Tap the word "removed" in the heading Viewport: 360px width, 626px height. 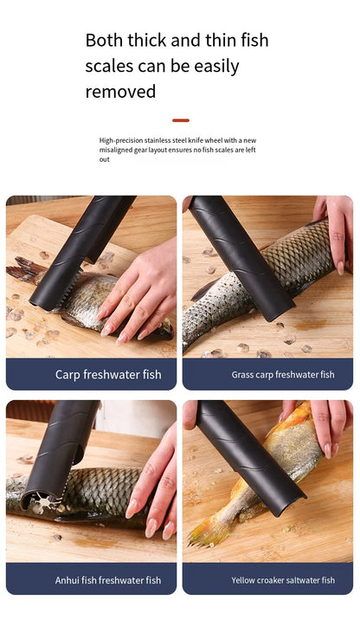[x=120, y=91]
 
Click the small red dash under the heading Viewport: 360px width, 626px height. [x=180, y=120]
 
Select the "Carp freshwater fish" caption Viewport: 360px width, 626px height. [x=108, y=375]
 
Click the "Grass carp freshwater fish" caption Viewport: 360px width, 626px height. [x=283, y=375]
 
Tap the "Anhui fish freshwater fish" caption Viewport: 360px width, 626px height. [x=109, y=580]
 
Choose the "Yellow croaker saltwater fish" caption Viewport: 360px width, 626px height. [x=283, y=580]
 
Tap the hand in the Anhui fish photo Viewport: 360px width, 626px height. [x=156, y=485]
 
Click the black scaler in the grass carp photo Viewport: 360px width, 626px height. [x=242, y=260]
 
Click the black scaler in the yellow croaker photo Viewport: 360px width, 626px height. [x=251, y=459]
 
